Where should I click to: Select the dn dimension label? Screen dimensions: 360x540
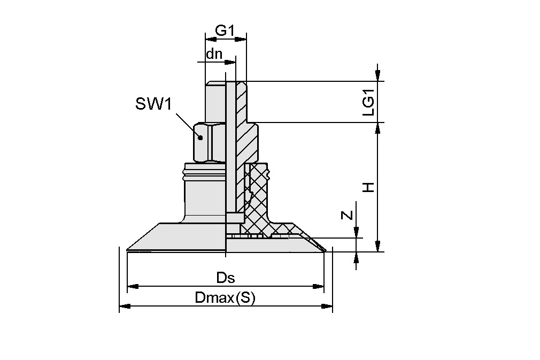(214, 53)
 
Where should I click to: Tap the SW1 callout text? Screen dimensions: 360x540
(153, 104)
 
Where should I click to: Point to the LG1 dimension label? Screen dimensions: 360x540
(368, 102)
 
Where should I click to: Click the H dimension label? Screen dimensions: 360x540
(368, 187)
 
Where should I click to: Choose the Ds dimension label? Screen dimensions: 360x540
(226, 278)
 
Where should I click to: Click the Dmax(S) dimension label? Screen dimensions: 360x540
(225, 298)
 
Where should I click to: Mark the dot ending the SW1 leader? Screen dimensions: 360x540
(200, 137)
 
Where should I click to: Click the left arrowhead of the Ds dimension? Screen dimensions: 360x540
(132, 286)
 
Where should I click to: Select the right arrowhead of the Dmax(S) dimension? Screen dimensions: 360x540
(327, 306)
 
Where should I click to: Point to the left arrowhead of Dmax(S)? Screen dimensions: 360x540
(124, 306)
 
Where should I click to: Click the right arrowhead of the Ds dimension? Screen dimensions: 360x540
(320, 286)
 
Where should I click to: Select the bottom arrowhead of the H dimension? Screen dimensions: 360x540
(378, 247)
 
